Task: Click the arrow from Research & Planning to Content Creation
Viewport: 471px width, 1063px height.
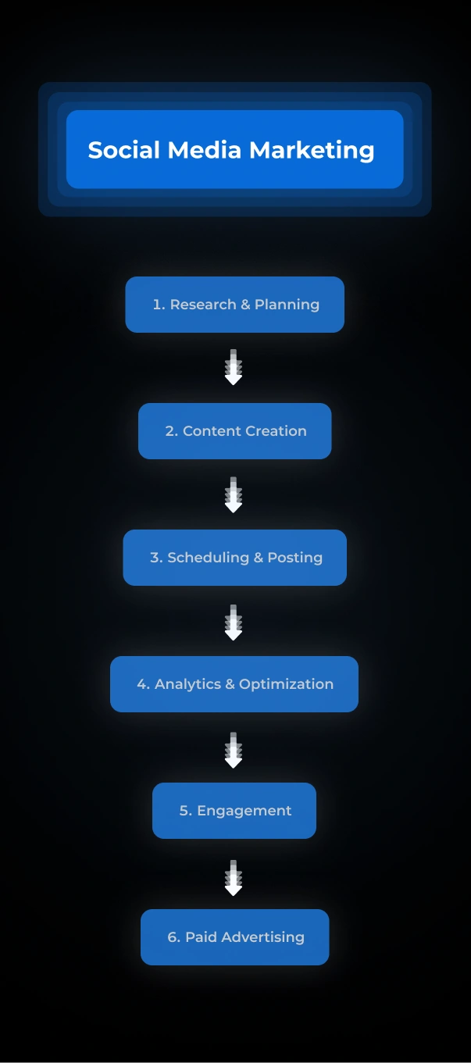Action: (234, 368)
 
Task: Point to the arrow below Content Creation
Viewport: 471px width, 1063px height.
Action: (234, 495)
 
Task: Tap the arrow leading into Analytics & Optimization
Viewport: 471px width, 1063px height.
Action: (234, 622)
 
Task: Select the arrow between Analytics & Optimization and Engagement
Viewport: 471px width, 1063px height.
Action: (234, 750)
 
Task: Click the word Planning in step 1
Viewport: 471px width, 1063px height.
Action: (287, 305)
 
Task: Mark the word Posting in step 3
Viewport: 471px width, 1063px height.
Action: (294, 558)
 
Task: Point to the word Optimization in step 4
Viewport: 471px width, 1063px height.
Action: (286, 684)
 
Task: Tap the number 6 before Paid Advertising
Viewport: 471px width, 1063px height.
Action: (172, 937)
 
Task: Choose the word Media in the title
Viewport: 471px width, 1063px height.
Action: (205, 150)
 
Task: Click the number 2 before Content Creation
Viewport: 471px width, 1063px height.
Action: (169, 431)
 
